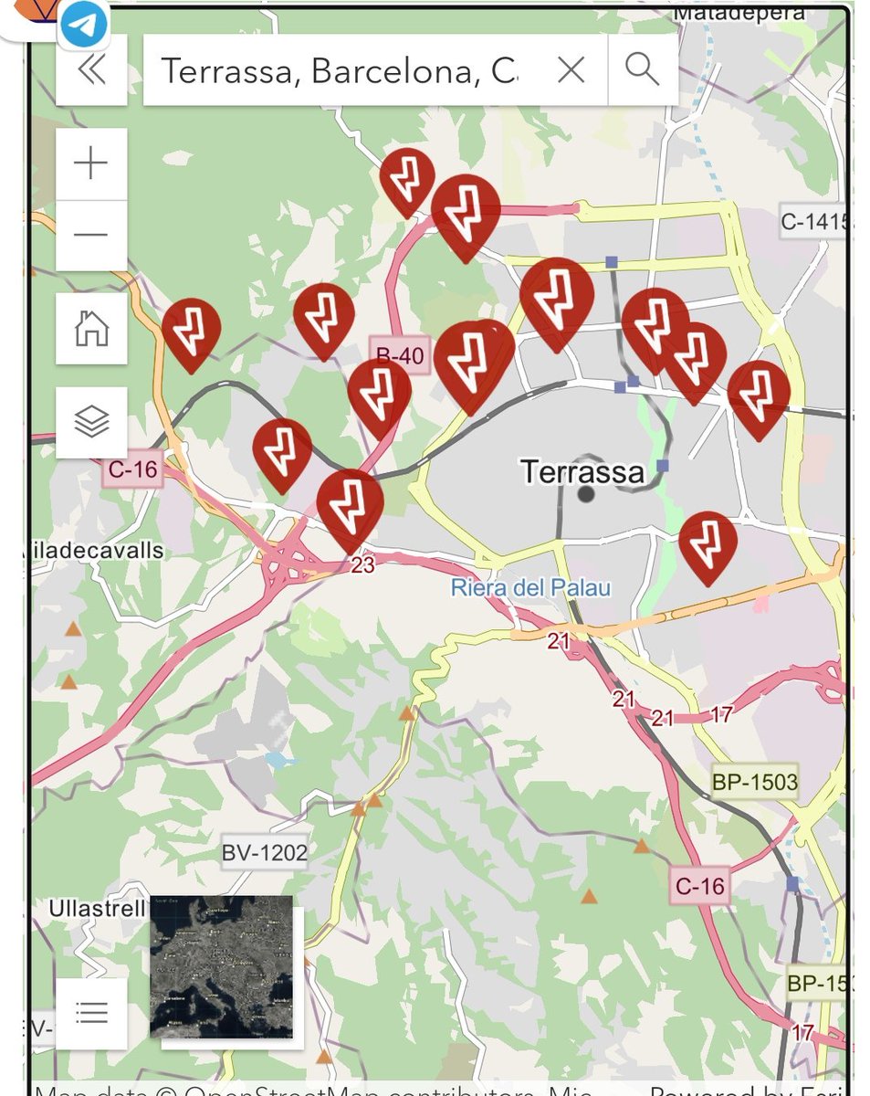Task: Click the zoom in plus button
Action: coord(91,164)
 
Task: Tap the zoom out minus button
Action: coord(91,235)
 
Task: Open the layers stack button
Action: coord(91,422)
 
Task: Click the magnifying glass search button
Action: coord(642,70)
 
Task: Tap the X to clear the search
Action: coord(571,70)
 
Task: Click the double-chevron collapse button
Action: coord(91,70)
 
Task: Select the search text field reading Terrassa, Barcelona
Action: coord(338,70)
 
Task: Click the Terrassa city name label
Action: coord(582,471)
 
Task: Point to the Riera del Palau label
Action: coord(530,587)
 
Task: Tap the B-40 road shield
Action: coord(400,355)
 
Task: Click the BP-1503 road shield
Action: coord(755,782)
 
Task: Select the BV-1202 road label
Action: coord(265,853)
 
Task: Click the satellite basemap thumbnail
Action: coord(222,966)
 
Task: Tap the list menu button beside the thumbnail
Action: coord(91,1013)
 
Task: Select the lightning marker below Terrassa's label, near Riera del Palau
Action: coord(708,543)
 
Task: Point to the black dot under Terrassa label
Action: coord(586,494)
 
